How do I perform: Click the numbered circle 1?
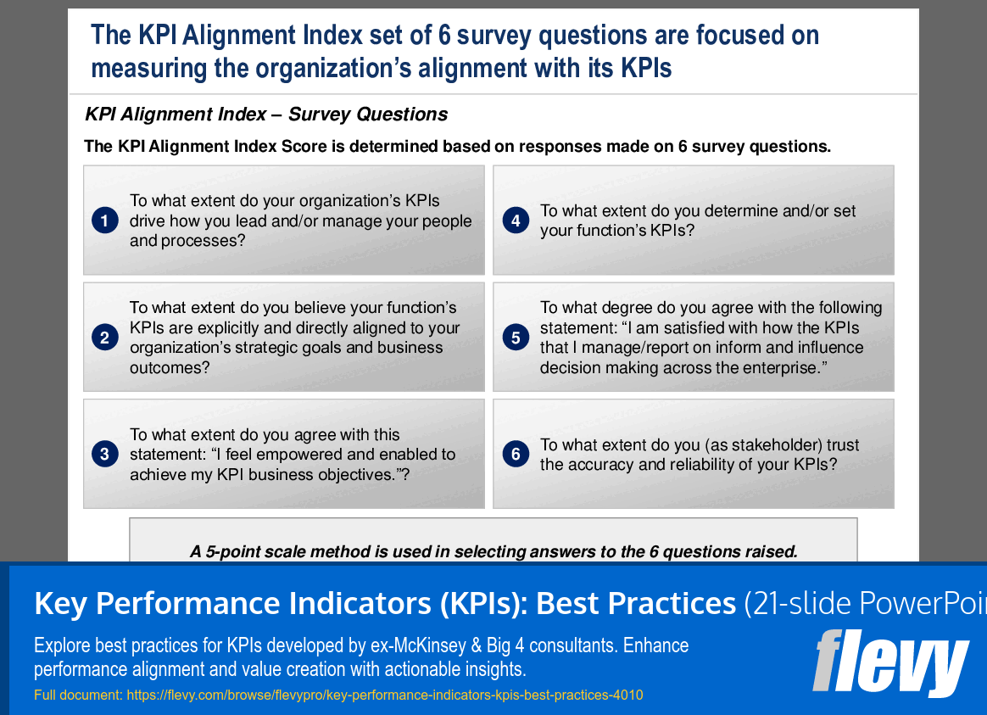point(104,221)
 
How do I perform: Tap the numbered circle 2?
point(104,338)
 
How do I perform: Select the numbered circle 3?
point(104,455)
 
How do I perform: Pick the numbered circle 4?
point(516,221)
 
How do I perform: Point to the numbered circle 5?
point(516,338)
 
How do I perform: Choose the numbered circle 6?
point(516,455)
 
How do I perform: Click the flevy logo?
point(889,662)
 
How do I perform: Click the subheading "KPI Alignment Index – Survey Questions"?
point(266,115)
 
